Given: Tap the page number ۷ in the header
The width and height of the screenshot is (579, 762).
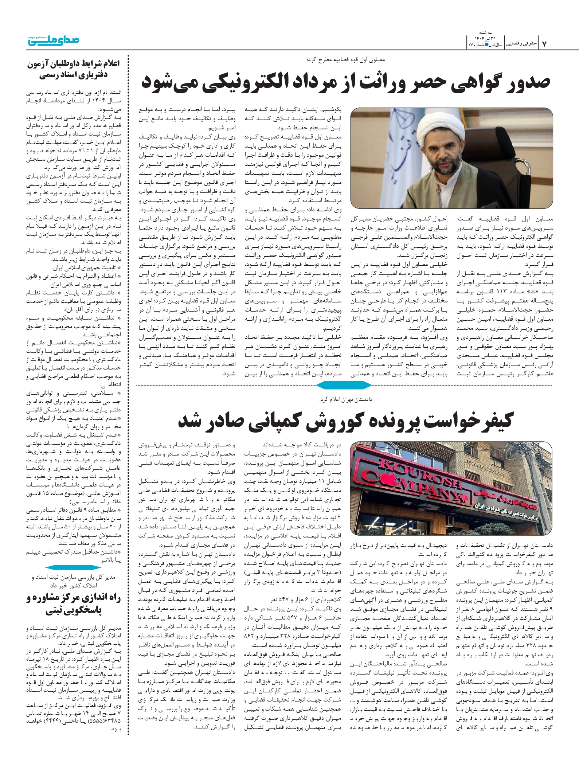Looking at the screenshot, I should pos(545,43).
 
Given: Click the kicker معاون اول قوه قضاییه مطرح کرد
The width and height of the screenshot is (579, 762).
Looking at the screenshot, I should pos(346,59).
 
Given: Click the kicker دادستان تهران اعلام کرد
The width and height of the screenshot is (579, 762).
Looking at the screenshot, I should pos(345,399).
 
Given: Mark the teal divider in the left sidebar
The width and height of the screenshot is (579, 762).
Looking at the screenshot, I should pos(73,568).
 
